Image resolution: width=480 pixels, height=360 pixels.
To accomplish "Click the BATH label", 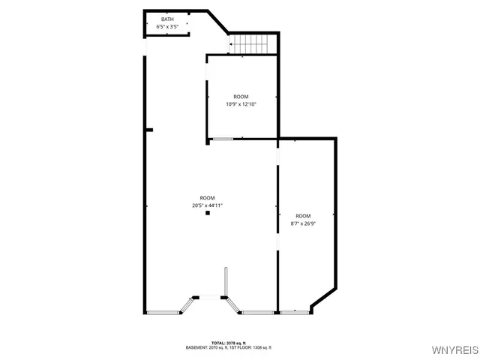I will (166, 19).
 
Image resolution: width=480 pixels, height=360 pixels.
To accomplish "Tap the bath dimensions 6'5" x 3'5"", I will (166, 27).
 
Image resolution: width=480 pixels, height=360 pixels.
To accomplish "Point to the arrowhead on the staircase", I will (232, 44).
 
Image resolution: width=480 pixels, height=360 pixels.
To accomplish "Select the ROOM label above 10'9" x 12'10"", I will (241, 97).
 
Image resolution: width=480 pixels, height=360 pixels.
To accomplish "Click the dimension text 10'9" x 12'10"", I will (241, 104).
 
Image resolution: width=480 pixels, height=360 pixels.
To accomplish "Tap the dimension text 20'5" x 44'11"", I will (208, 205).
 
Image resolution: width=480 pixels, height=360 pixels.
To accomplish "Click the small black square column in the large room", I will (208, 213).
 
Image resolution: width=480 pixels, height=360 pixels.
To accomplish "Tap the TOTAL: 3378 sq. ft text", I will (229, 343).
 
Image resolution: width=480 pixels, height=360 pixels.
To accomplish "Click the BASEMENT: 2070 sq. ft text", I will (209, 348).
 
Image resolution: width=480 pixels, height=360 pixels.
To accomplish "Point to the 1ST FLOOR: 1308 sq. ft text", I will (252, 348).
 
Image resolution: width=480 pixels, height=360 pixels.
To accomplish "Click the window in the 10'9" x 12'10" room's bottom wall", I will (223, 139).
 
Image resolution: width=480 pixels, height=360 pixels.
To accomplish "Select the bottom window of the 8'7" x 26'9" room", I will (294, 312).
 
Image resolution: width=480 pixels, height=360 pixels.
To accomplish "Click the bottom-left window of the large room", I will (163, 312).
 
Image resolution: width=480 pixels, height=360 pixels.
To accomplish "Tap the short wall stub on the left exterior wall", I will (149, 130).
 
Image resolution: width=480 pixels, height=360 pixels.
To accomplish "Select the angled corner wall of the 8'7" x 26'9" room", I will (324, 298).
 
